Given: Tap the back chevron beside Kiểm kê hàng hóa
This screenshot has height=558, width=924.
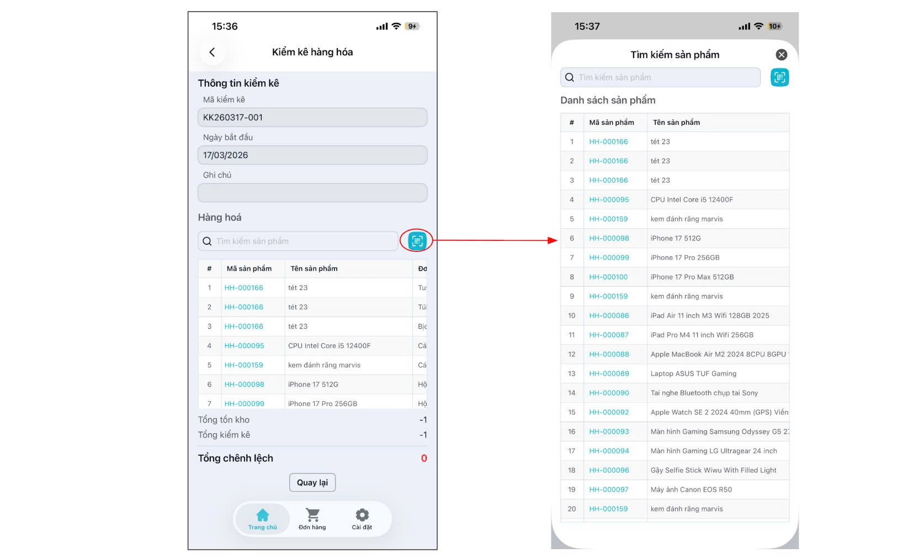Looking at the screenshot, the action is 212,52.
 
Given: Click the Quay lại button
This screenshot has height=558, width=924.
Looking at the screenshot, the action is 312,482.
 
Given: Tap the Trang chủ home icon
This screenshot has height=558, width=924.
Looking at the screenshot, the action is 262,515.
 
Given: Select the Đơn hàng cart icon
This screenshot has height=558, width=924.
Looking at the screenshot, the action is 312,515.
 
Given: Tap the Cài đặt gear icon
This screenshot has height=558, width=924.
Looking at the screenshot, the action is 362,515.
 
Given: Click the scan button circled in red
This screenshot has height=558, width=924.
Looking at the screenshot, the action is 417,241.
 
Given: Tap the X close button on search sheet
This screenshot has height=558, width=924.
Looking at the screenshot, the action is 781,55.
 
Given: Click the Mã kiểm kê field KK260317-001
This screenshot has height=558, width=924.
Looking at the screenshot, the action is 312,117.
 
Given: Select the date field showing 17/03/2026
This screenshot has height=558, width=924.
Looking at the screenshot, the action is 312,155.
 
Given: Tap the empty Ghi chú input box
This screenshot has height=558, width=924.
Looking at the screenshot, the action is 312,192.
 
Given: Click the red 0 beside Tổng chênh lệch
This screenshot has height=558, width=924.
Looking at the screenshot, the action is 423,458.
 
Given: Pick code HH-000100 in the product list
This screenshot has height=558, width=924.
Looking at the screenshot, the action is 608,277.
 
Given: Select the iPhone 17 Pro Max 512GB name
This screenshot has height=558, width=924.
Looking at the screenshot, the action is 692,277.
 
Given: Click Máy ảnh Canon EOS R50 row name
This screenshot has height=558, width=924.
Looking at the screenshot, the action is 691,489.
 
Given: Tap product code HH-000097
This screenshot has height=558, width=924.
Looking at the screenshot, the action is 608,489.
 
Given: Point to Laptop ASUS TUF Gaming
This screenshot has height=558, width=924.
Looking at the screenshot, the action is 693,373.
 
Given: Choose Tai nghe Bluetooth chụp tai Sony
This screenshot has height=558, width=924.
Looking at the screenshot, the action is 704,393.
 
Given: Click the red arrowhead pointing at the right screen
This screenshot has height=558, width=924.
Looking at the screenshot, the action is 553,240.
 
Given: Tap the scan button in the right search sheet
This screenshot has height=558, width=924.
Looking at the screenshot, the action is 779,77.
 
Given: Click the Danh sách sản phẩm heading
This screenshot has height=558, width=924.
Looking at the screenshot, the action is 608,101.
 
